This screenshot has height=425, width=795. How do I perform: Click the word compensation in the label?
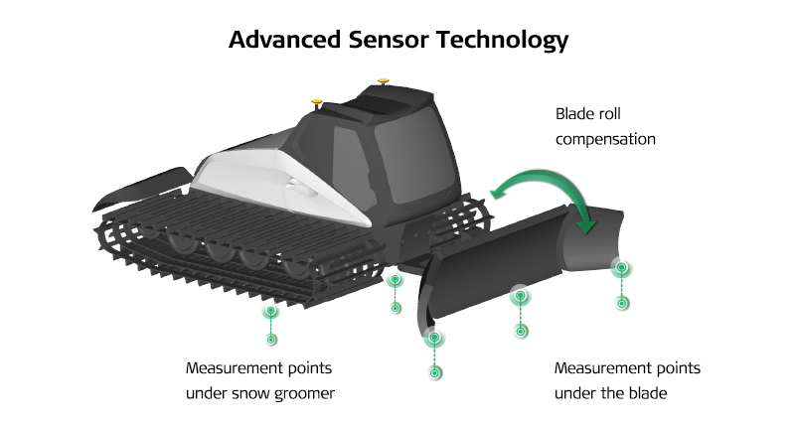point(606,139)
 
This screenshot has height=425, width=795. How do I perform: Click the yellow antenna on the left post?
point(318,100)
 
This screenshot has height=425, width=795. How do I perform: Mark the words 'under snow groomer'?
point(260,393)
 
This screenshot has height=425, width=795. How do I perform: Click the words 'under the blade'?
point(610,393)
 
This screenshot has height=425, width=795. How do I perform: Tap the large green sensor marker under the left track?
point(270,311)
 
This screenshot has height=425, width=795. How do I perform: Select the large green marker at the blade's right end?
point(621,267)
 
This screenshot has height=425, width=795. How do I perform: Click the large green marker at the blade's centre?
point(519,295)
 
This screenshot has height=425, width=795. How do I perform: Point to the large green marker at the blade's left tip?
point(434,339)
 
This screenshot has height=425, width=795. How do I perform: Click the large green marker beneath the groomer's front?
point(395,280)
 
